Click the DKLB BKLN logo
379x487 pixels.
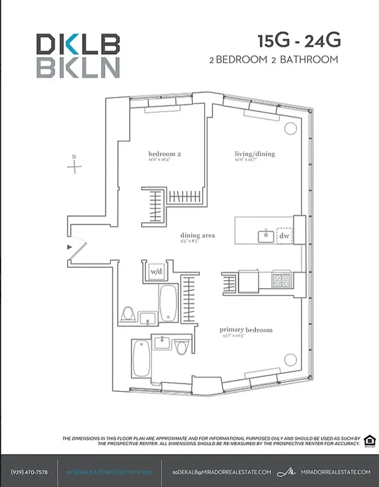(x=77, y=55)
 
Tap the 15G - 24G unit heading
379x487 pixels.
(x=299, y=41)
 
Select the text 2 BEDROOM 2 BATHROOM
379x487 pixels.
(x=273, y=60)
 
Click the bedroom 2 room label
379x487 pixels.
(x=165, y=155)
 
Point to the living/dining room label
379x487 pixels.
(x=255, y=155)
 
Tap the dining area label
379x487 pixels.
(x=197, y=236)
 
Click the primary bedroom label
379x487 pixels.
(x=246, y=331)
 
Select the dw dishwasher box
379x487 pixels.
(x=284, y=236)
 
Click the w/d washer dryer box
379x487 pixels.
(x=156, y=272)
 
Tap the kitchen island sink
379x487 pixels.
(x=265, y=236)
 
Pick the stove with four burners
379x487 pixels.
(x=280, y=280)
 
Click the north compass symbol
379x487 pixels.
(x=74, y=165)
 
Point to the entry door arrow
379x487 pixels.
(x=70, y=246)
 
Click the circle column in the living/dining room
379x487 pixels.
(x=291, y=128)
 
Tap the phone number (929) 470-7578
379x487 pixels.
(x=29, y=472)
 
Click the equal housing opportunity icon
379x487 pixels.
(x=369, y=441)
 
